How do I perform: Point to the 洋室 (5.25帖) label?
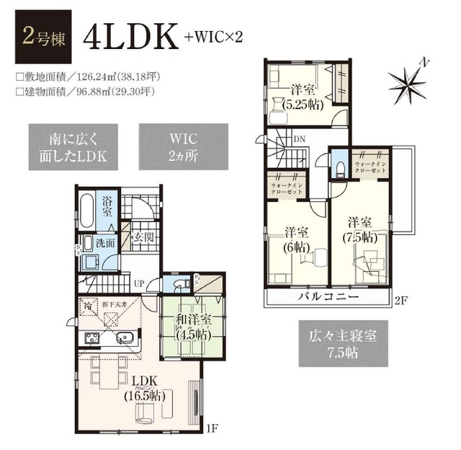tap(303, 97)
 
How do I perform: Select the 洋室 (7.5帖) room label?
tap(361, 229)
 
